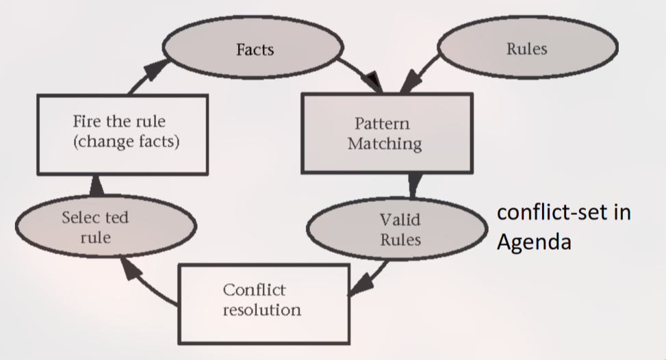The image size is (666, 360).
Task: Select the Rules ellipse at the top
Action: (x=526, y=49)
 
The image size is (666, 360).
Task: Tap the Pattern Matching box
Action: (x=386, y=133)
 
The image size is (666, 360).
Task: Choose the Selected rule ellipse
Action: (x=105, y=228)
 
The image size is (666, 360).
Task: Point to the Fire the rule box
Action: (x=120, y=133)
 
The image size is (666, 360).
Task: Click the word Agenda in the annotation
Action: (x=534, y=242)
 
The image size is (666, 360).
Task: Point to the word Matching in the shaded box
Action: (x=385, y=144)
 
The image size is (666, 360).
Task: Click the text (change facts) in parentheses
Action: (x=120, y=144)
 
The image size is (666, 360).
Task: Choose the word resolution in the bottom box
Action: (x=262, y=309)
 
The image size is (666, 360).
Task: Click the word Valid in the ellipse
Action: (x=400, y=220)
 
